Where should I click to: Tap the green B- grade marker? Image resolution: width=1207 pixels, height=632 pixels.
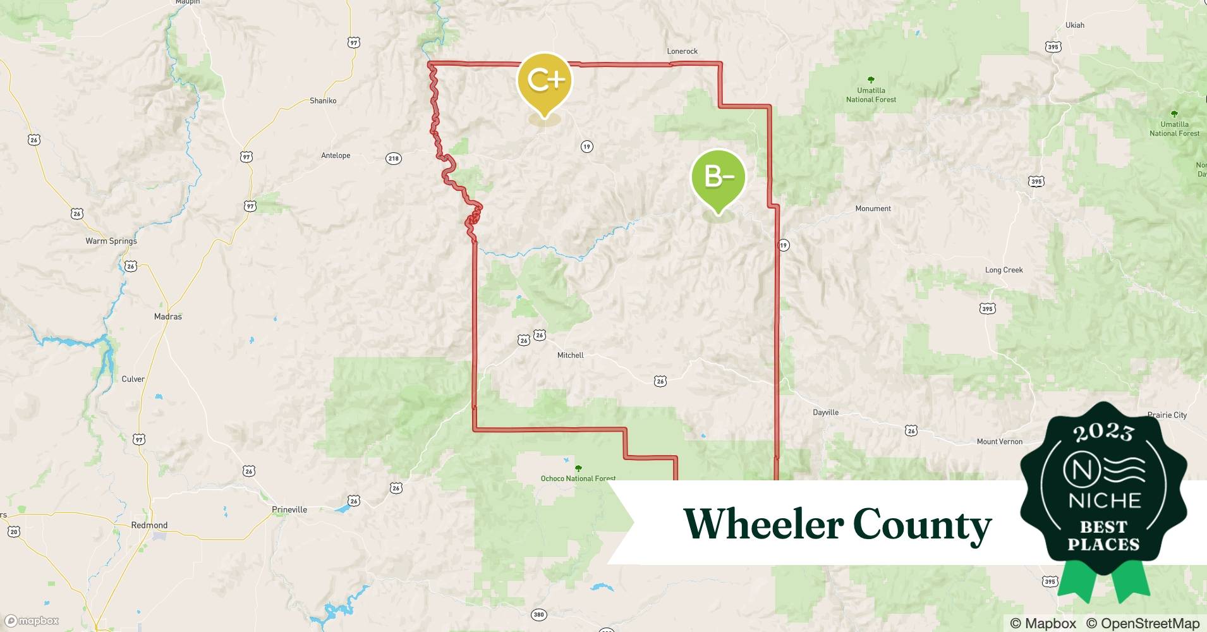718,178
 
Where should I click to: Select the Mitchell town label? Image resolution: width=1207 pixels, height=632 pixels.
570,355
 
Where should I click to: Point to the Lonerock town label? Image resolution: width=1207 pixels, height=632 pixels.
682,51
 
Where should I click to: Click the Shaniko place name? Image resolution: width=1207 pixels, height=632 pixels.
323,100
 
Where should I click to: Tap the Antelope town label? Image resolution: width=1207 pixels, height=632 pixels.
336,155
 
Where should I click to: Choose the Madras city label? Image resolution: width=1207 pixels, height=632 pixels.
168,317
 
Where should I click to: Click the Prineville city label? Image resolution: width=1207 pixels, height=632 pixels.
289,509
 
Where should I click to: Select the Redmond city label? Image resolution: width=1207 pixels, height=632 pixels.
149,525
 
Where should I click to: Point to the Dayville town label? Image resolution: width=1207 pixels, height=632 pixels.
825,413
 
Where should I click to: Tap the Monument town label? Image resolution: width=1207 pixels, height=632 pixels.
873,209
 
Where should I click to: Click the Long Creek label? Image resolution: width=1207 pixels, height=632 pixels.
1004,270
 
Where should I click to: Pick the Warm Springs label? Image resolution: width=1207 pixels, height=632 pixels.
111,241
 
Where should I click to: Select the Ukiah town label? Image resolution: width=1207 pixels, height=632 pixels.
1074,25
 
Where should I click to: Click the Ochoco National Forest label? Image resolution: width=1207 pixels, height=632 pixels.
578,478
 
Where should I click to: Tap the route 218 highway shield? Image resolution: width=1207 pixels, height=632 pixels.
394,159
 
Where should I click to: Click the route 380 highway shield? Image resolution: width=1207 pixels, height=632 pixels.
538,614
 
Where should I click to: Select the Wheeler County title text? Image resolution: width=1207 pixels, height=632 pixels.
837,525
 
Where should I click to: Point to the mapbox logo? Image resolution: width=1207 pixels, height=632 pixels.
32,621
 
